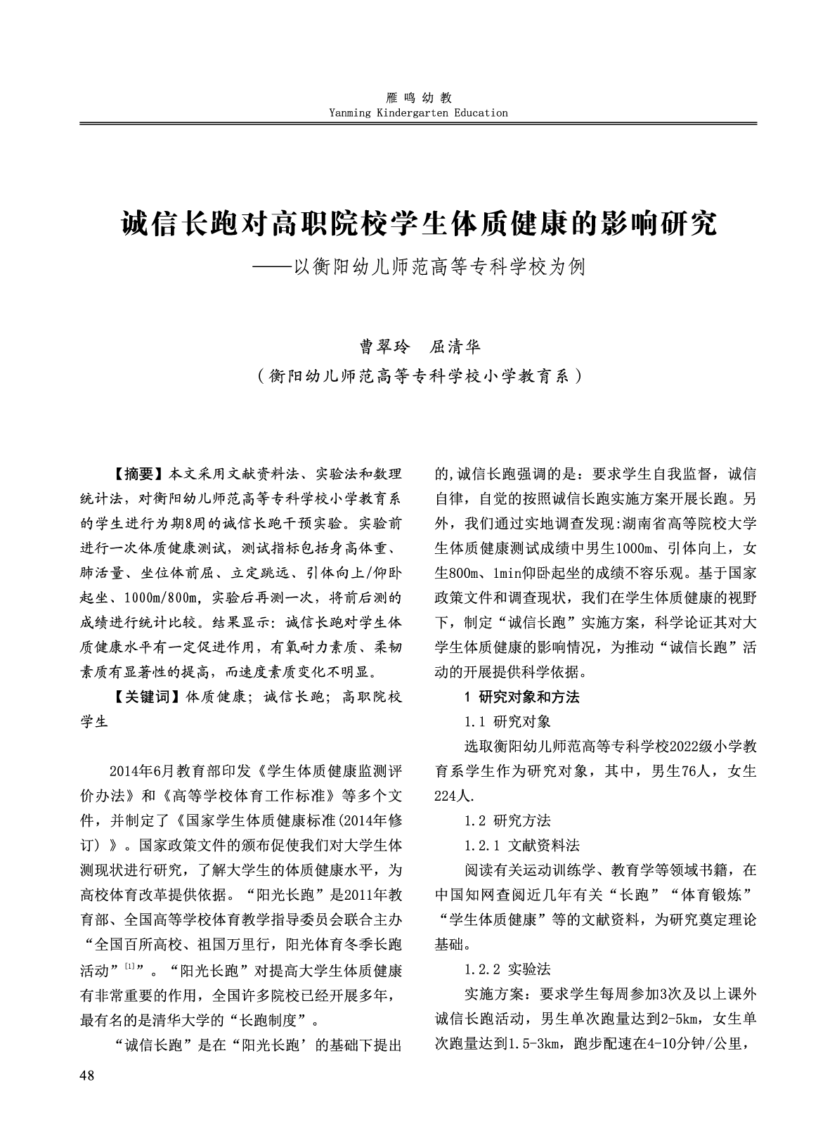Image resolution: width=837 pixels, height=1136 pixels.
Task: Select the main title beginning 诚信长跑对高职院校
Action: [x=418, y=224]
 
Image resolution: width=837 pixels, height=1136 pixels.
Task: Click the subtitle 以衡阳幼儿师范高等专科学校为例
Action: [x=438, y=267]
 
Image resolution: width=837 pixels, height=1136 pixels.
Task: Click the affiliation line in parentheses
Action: [x=419, y=376]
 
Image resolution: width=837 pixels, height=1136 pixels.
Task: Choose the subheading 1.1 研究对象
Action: [x=507, y=721]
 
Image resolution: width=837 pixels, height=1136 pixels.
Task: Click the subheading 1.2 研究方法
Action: [x=507, y=820]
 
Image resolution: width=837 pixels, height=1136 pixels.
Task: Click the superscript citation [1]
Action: [x=130, y=966]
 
